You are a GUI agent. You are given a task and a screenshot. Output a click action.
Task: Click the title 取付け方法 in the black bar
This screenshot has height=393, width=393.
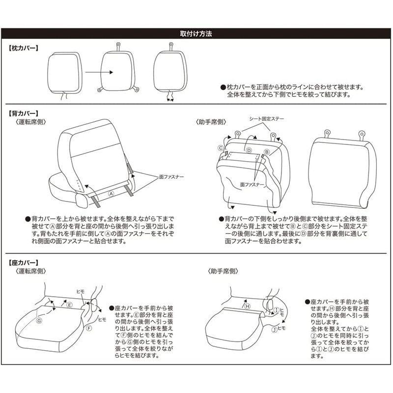point(196,34)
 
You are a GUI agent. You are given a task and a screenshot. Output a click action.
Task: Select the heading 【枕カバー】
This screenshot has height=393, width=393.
point(24,48)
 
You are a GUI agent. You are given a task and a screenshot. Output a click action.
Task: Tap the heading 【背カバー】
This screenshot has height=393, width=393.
point(24,113)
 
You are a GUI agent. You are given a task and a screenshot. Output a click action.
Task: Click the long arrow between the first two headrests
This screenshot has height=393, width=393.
point(99,72)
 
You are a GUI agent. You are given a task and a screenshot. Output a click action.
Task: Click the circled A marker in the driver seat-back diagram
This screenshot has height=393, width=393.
point(111,194)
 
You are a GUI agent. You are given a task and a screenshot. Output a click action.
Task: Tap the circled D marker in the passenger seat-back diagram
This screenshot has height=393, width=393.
point(249,150)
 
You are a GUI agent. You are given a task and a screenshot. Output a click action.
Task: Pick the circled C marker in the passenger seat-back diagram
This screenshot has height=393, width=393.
point(221,147)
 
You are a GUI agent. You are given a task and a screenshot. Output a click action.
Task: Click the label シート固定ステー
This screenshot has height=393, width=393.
point(267,119)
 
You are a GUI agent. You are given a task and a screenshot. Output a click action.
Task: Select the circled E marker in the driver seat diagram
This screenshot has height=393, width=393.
point(70,305)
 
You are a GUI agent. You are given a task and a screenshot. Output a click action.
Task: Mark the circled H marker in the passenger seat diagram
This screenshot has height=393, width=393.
point(248,306)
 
